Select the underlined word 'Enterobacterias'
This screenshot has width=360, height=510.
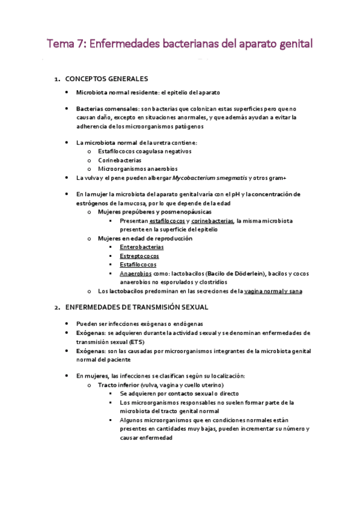point(142,247)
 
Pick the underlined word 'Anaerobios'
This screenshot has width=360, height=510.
point(135,273)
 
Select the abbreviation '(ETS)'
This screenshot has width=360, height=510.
point(85,341)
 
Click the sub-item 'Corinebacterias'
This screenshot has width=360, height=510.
point(120,161)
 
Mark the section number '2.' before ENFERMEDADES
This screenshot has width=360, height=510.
point(56,307)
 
